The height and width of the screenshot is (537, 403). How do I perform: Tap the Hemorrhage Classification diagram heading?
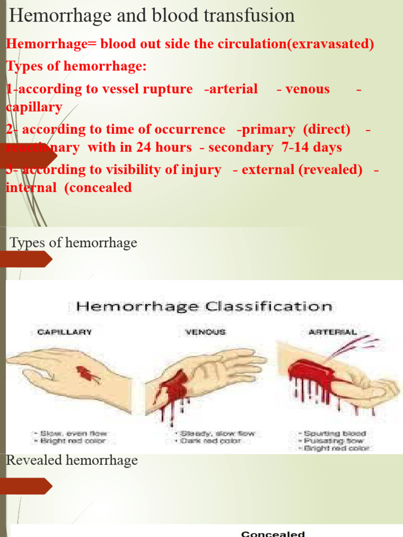pyautogui.click(x=204, y=306)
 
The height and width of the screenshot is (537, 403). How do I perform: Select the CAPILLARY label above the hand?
pyautogui.click(x=65, y=332)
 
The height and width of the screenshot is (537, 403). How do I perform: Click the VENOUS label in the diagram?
pyautogui.click(x=205, y=332)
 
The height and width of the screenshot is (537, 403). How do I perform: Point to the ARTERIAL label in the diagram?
pyautogui.click(x=333, y=332)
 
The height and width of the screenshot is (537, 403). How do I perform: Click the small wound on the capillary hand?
pyautogui.click(x=88, y=374)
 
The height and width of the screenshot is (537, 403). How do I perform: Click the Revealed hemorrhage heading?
pyautogui.click(x=72, y=460)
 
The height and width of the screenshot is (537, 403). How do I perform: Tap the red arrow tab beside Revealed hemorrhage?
pyautogui.click(x=26, y=486)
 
